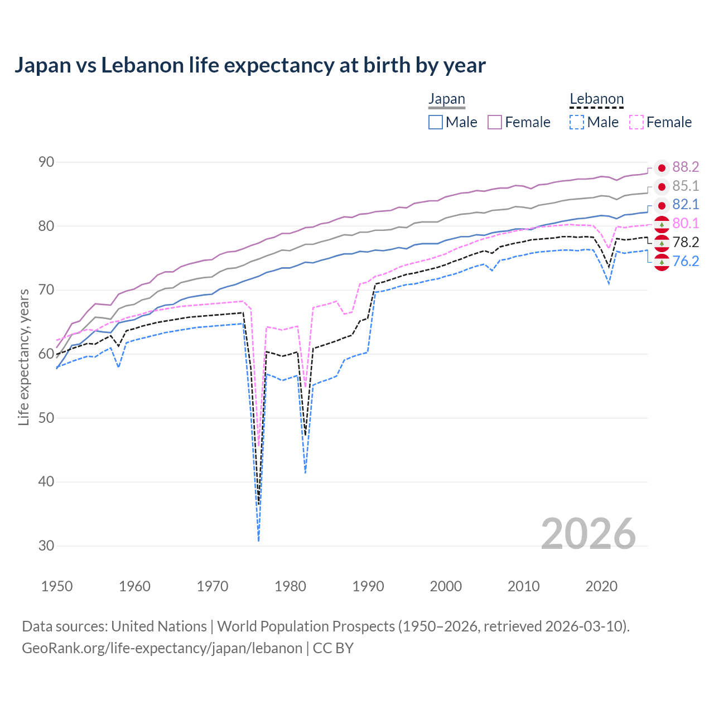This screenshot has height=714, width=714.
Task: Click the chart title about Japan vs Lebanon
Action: pos(250,65)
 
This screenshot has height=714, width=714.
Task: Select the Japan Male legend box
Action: pos(436,122)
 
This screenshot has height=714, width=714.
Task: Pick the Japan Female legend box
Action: pos(495,122)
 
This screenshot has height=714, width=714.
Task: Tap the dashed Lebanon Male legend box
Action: pos(577,122)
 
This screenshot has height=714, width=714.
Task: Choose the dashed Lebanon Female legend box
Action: pos(636,122)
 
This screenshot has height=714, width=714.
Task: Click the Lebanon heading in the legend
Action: pos(596,99)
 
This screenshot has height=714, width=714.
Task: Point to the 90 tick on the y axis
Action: pos(46,162)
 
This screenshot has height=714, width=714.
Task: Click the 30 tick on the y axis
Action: pos(46,546)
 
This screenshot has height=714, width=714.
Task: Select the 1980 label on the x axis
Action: pos(291,586)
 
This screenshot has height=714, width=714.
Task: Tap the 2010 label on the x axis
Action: pos(523,586)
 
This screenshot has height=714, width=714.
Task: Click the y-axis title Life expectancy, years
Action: pos(23,357)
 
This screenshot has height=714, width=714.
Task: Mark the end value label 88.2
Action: pos(686,167)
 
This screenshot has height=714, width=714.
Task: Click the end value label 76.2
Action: pos(686,261)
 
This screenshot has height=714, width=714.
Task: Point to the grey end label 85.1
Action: pos(686,186)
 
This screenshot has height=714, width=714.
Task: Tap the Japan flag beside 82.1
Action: pos(662,205)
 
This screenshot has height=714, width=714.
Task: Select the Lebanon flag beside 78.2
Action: pos(662,243)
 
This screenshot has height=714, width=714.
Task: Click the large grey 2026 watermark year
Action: pos(588,534)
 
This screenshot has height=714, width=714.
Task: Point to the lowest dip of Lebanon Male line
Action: pos(258,540)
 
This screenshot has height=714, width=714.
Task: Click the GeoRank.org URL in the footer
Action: pos(162,648)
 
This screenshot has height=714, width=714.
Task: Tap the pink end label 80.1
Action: pos(686,224)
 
